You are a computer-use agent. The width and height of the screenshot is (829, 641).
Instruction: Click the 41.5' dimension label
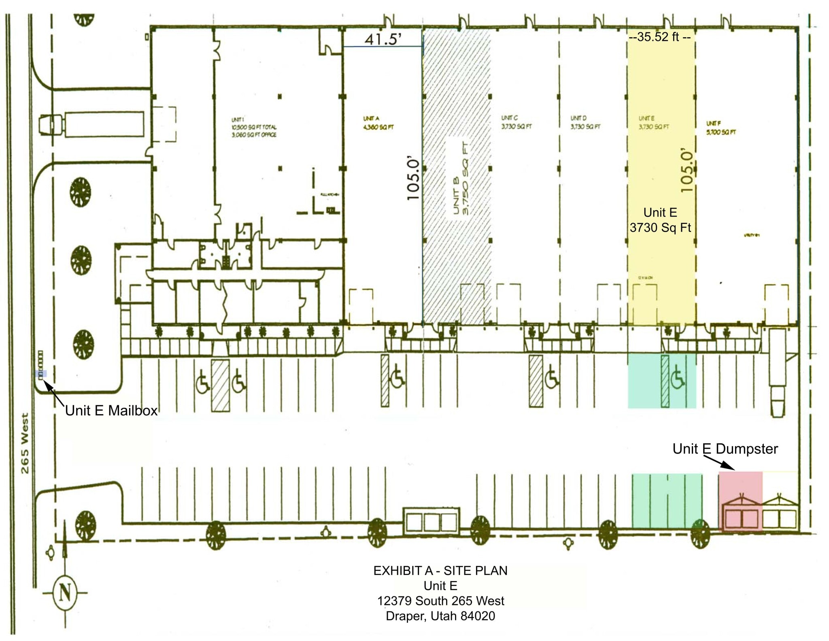(x=383, y=39)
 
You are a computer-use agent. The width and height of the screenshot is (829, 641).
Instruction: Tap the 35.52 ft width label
(x=659, y=37)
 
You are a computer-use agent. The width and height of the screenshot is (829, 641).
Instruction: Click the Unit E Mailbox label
(x=111, y=411)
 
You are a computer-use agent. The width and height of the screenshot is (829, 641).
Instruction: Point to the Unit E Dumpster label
(x=725, y=449)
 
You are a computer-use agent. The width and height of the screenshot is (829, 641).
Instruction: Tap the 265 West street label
(x=25, y=443)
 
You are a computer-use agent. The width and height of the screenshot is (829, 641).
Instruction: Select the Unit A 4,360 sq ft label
(x=378, y=123)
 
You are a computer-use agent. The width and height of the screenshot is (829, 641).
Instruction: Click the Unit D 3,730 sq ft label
(x=585, y=122)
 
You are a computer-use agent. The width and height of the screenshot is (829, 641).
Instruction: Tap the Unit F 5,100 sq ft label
(x=721, y=128)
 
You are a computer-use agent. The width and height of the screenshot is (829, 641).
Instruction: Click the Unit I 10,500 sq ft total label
(x=254, y=127)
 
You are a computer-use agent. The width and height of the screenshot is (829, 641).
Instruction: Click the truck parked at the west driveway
(x=91, y=124)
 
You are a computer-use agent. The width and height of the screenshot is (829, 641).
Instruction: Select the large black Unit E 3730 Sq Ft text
(x=660, y=220)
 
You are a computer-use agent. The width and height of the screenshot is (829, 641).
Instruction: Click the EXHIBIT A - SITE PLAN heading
(x=440, y=570)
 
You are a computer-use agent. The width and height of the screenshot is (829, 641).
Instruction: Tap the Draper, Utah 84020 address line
(x=440, y=615)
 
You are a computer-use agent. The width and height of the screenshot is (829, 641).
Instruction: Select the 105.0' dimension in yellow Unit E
(x=687, y=170)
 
